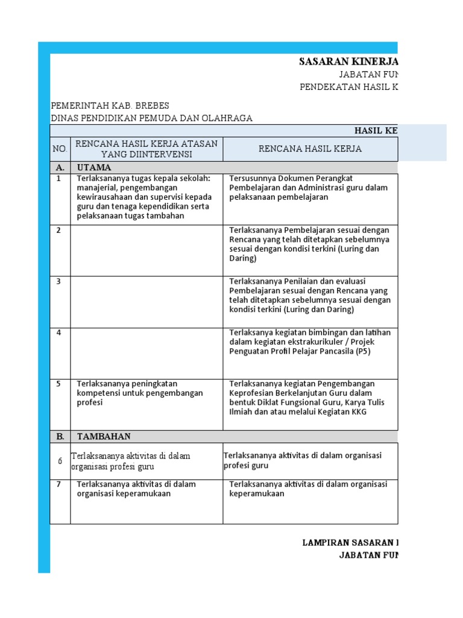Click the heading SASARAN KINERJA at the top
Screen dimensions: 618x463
pos(348,62)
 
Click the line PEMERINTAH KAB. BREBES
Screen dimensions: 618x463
pos(110,105)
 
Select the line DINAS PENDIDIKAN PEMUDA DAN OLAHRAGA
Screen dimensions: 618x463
pos(151,118)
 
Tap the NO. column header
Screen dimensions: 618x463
pos(60,149)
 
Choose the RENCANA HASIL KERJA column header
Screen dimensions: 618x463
pos(310,149)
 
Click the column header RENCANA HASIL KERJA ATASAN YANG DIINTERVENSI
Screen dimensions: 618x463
pos(146,149)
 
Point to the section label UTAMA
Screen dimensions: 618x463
pos(94,167)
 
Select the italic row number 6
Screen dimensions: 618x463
pos(60,460)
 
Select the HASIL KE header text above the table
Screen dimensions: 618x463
pos(375,131)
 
